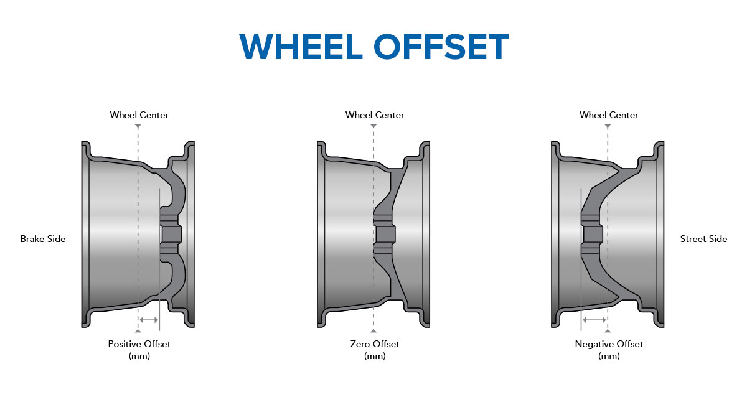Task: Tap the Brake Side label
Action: coord(43,239)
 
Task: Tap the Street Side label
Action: coord(703,239)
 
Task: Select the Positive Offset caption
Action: coord(139,344)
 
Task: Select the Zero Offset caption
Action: coord(375,344)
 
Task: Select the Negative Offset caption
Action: coord(609,344)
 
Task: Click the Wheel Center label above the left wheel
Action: coord(139,115)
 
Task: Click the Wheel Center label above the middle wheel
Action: coord(375,115)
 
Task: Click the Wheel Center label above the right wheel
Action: coord(609,115)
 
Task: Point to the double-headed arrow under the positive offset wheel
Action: coord(149,320)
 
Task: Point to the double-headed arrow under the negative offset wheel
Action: coord(594,320)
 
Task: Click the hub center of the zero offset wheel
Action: coord(385,234)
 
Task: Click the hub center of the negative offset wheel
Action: coord(592,234)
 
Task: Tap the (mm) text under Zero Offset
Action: coord(375,357)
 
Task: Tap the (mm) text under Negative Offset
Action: coord(609,357)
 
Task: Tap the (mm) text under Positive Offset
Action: coord(139,357)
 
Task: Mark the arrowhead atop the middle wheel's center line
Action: coord(374,126)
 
